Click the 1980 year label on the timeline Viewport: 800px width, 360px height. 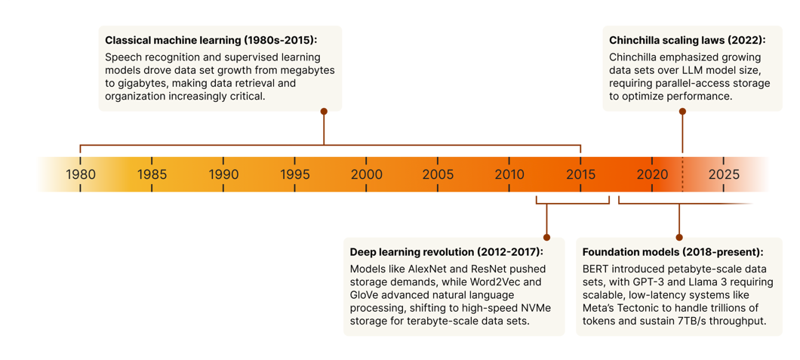[81, 174]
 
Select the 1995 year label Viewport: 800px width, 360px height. [295, 174]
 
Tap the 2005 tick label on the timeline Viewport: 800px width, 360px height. [438, 174]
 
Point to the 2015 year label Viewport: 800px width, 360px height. [581, 174]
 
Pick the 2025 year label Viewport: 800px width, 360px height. [724, 174]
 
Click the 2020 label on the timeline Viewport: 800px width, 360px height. [652, 174]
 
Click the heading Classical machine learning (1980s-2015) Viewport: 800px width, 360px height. [211, 40]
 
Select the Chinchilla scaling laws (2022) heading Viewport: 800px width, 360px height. [687, 40]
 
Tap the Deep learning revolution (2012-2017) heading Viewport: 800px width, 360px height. [446, 252]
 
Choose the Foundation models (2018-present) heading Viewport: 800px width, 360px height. [672, 252]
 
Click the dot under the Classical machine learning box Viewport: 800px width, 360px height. [324, 112]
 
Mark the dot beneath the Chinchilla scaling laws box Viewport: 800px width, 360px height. [682, 112]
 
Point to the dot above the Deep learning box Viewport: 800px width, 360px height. [546, 238]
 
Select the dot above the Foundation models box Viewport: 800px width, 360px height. [679, 238]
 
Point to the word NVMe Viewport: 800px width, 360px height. [535, 308]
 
